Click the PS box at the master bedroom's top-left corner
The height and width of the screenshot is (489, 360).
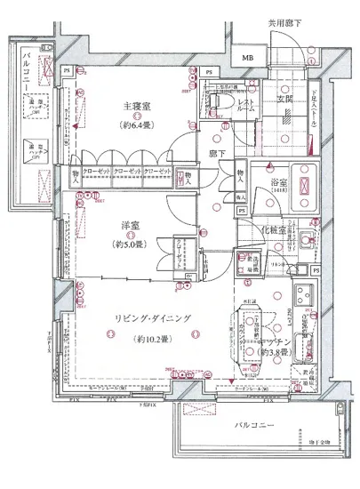click(66, 69)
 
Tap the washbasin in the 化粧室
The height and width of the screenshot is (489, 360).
click(306, 237)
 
